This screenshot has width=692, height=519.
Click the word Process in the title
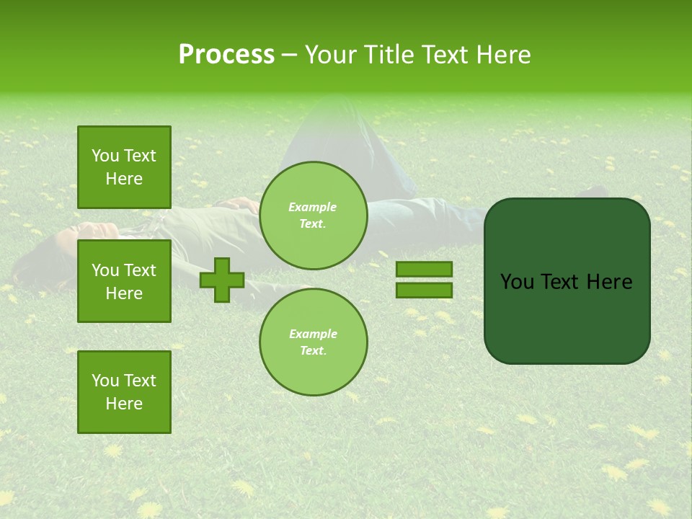click(x=226, y=55)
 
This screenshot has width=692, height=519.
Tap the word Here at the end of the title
click(x=504, y=55)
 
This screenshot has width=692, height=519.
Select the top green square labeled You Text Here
click(x=124, y=167)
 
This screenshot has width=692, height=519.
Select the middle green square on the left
click(x=124, y=281)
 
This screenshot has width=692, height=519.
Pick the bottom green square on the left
click(x=124, y=391)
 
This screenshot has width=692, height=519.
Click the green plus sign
click(x=221, y=280)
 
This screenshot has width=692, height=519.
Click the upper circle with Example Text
click(x=313, y=216)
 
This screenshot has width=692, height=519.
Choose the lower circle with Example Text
click(x=313, y=342)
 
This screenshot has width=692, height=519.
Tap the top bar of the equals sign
click(x=424, y=270)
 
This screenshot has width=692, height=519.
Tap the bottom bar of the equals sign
click(x=424, y=290)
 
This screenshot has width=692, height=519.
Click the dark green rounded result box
click(x=567, y=317)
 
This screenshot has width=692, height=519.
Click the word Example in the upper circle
click(x=312, y=207)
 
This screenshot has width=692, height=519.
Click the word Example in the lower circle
click(x=313, y=334)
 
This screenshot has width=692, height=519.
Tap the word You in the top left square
click(x=105, y=156)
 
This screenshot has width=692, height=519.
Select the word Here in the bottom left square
click(x=124, y=404)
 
